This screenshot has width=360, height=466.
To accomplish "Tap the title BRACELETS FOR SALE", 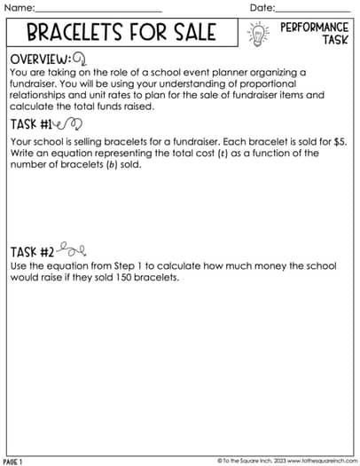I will click(x=121, y=34).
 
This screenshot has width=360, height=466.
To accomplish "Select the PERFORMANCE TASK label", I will click(x=313, y=34).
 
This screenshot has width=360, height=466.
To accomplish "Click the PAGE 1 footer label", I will click(x=13, y=462).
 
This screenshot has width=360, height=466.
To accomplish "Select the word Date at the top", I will click(x=262, y=8).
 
